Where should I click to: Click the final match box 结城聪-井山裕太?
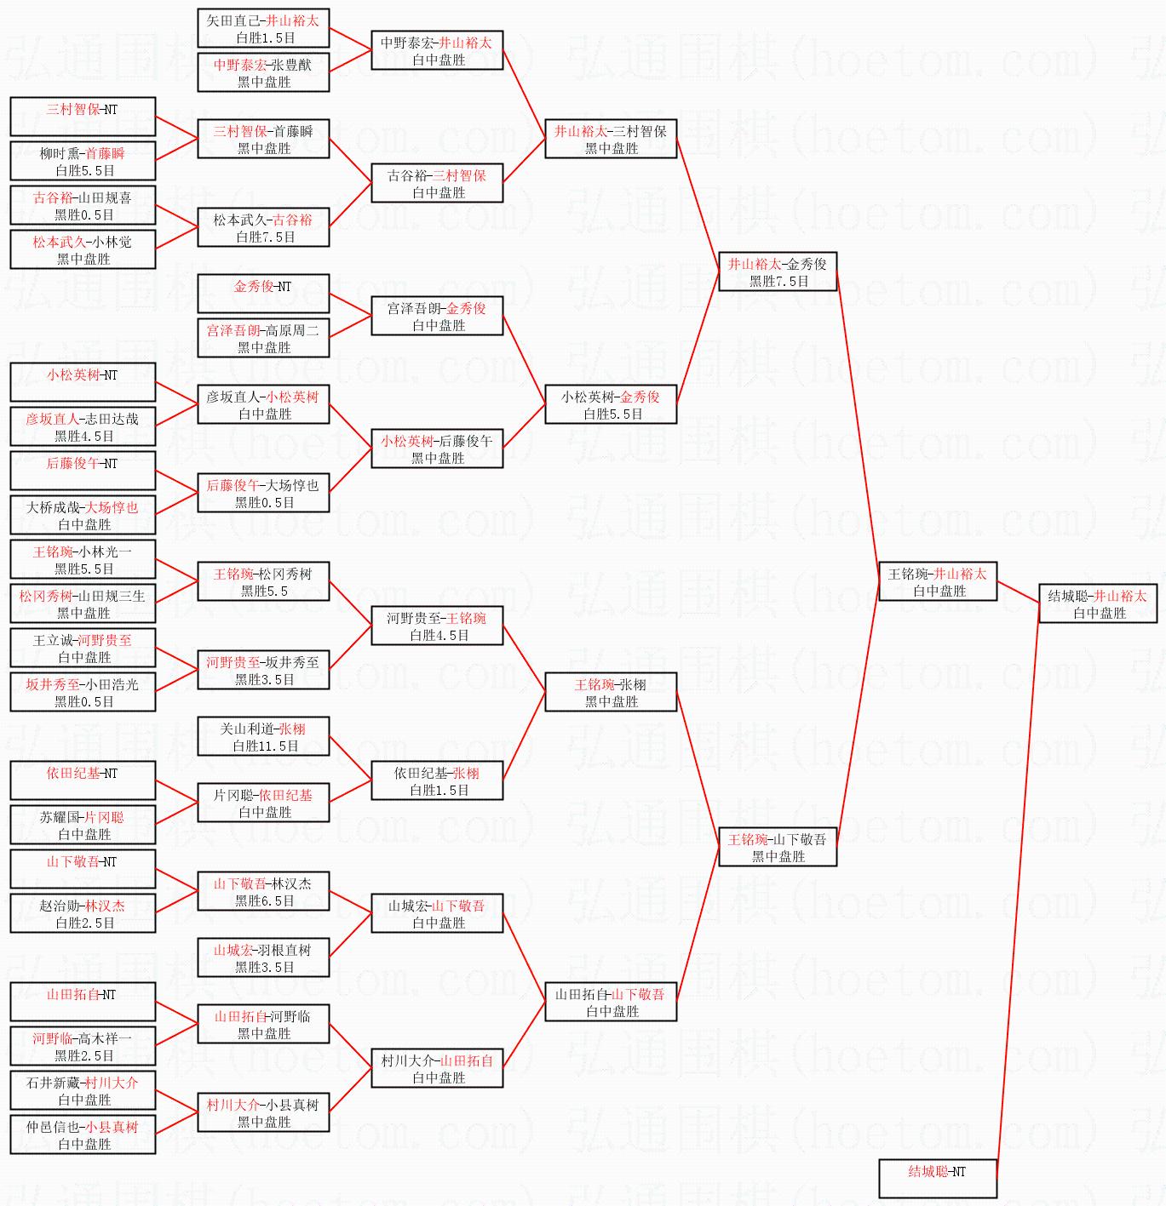click(x=1098, y=603)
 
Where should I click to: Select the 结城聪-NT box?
click(x=938, y=1179)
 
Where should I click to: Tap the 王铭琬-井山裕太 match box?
click(x=938, y=581)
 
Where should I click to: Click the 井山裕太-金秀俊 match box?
click(x=778, y=271)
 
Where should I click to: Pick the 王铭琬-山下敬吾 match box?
click(x=778, y=847)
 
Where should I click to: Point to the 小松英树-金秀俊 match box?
click(x=611, y=404)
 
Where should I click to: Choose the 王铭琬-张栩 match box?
click(x=611, y=692)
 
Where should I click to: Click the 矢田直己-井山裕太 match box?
click(x=263, y=28)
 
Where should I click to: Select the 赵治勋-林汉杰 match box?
click(x=83, y=913)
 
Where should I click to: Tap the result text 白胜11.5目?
click(x=266, y=746)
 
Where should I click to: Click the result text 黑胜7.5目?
click(x=779, y=281)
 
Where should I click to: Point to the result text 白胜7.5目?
click(x=266, y=237)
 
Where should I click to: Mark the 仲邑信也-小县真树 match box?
click(x=83, y=1135)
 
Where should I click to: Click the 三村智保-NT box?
click(x=83, y=117)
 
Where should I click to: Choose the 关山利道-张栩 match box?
click(x=263, y=736)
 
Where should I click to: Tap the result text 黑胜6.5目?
click(x=264, y=900)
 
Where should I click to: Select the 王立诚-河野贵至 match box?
click(x=83, y=648)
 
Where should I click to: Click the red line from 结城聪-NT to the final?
click(x=1018, y=891)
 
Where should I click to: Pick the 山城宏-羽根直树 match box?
click(x=263, y=957)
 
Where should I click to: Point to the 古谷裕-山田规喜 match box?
click(x=83, y=205)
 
